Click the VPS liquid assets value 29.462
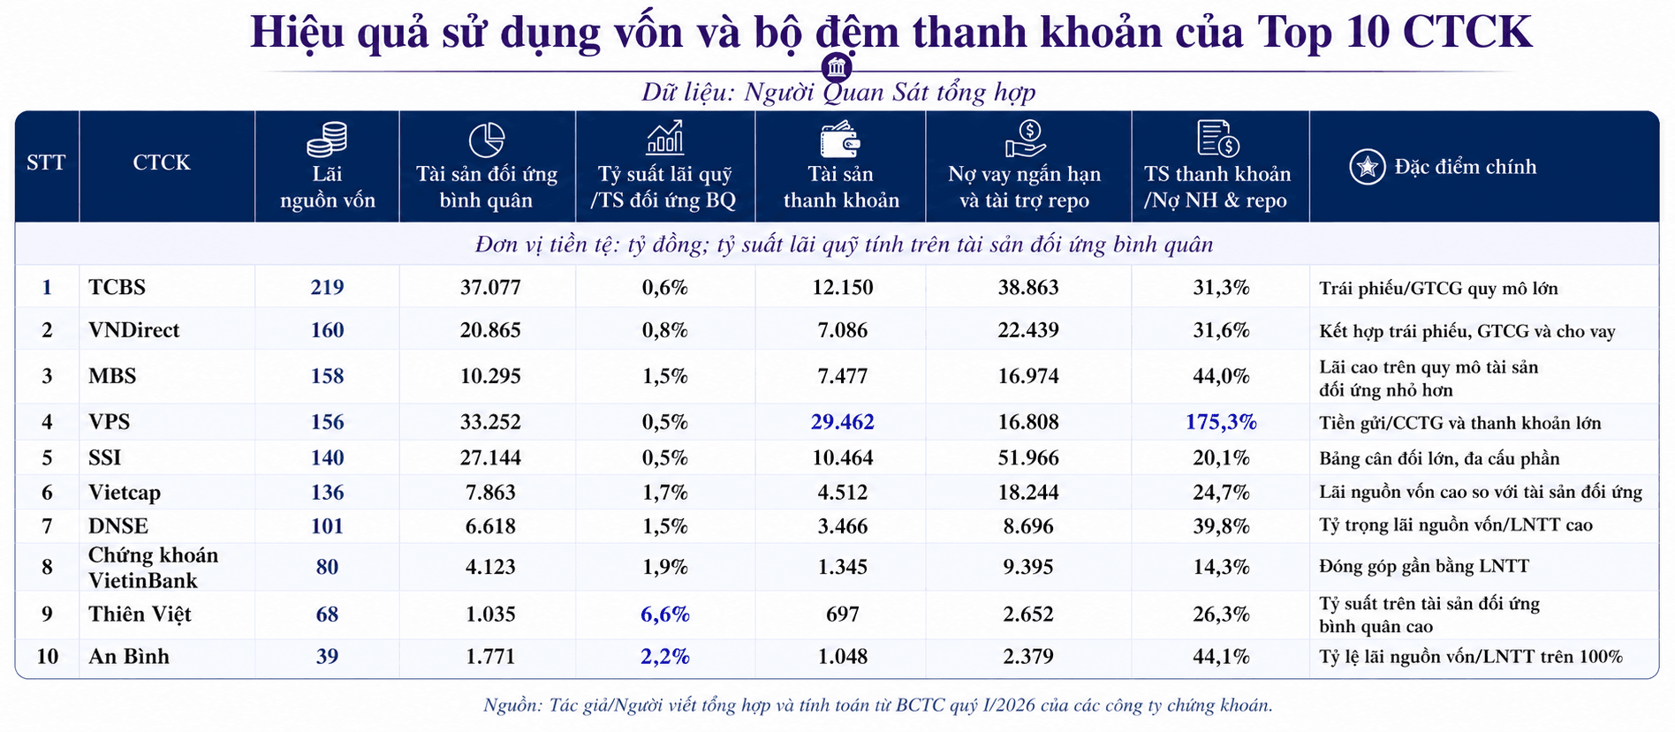tap(842, 422)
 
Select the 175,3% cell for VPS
tap(1220, 422)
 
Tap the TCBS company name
tap(117, 288)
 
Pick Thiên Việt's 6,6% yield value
tap(664, 615)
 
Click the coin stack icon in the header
tap(327, 140)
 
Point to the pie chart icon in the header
tap(486, 140)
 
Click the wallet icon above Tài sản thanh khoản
tap(840, 140)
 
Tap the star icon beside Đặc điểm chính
tap(1367, 167)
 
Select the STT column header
tap(46, 162)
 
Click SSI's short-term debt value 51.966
tap(1028, 458)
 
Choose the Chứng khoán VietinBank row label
tap(153, 568)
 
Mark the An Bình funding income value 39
tap(327, 657)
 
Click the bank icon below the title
tap(837, 67)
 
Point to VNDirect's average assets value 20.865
tap(490, 330)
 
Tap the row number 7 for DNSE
tap(48, 526)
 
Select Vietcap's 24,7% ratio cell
tap(1221, 493)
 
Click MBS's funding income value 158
tap(327, 376)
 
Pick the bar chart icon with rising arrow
tap(665, 138)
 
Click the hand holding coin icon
tap(1026, 140)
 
